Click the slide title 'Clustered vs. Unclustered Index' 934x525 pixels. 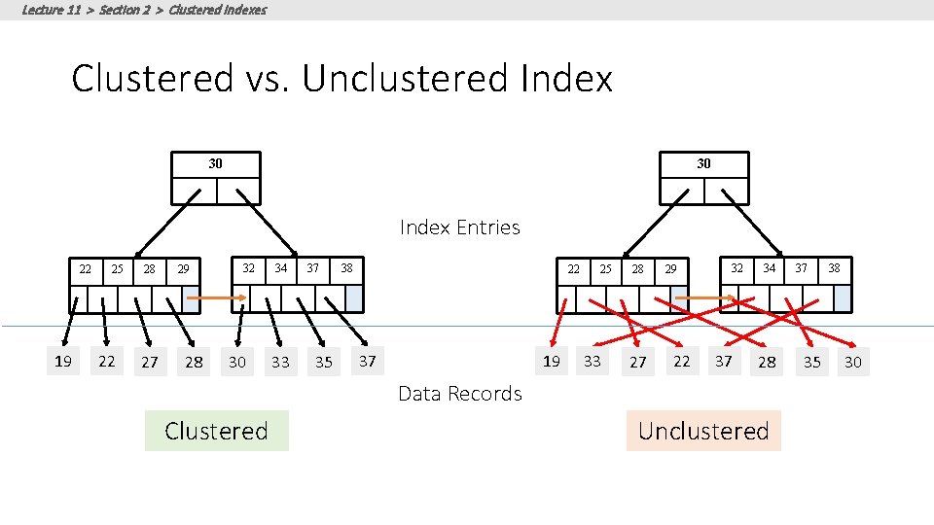(341, 79)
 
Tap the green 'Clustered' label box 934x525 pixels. (216, 431)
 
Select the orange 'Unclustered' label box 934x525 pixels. (703, 431)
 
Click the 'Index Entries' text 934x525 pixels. (459, 227)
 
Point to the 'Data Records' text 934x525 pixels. (459, 394)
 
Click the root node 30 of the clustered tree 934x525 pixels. (215, 164)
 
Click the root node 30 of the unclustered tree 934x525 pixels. (703, 164)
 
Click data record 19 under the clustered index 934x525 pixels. (63, 362)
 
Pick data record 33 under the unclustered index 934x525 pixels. (593, 362)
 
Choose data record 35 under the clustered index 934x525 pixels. (324, 363)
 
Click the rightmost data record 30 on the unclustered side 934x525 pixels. (853, 363)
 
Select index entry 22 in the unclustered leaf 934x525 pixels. (574, 268)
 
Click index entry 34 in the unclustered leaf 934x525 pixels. (770, 267)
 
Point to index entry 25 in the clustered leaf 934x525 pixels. (117, 268)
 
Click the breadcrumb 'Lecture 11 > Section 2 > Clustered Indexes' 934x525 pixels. (144, 10)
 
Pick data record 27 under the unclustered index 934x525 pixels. (637, 363)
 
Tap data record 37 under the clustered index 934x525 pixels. (367, 362)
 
